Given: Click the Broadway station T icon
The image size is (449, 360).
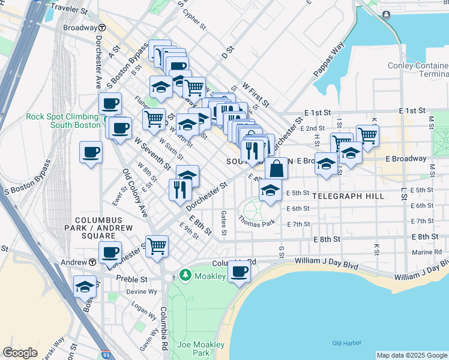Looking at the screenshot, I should point(103,28).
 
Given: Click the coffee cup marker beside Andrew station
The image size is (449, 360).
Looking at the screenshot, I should point(110,252).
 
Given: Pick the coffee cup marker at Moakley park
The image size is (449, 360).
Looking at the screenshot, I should point(239,271).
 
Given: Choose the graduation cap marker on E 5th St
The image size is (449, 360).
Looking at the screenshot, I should point(270,190).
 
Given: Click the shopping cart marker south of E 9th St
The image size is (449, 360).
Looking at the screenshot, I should point(157,245).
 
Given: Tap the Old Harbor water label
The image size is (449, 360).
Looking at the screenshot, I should point(346,343).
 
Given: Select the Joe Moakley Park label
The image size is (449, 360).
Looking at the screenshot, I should point(200,349).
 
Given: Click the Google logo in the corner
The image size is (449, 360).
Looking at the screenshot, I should point(20,353).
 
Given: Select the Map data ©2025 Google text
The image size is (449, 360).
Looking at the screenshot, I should point(411,355).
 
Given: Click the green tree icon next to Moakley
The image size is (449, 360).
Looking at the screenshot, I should point(186,275).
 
